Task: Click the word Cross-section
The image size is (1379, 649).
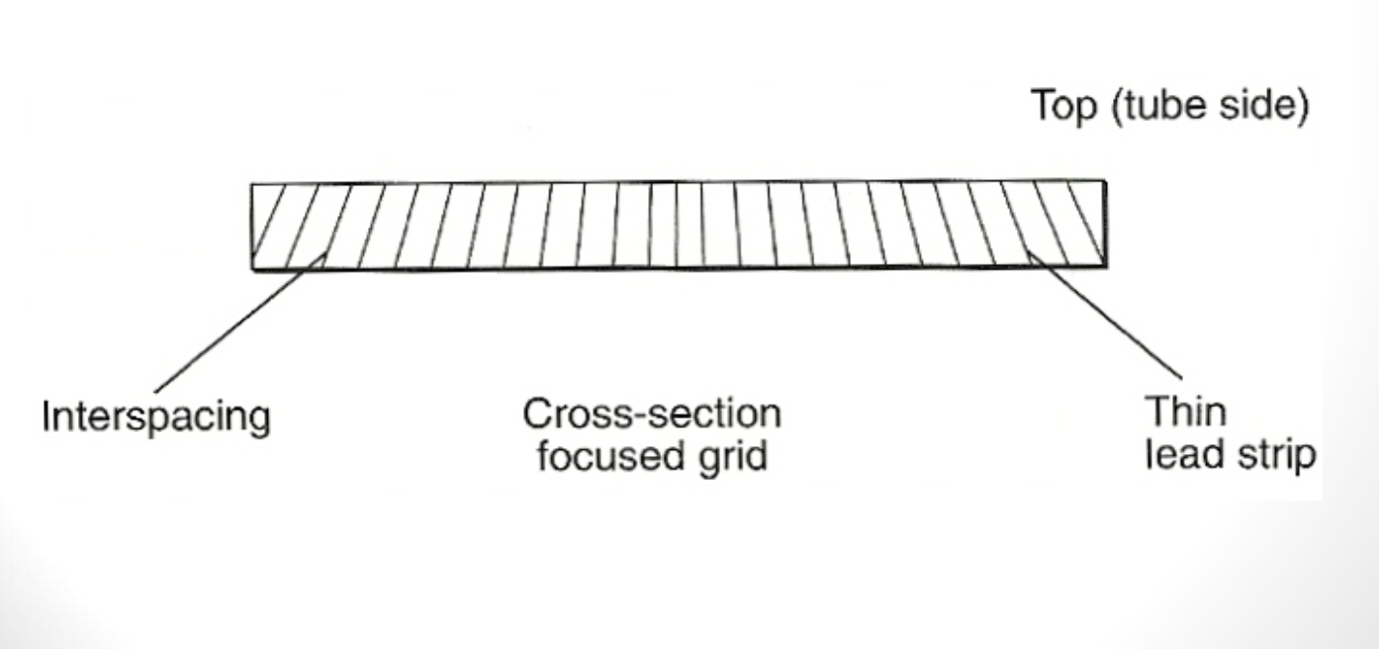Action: click(x=652, y=414)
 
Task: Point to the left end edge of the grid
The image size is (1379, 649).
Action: click(x=251, y=226)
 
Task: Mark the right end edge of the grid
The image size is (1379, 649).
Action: click(x=1105, y=226)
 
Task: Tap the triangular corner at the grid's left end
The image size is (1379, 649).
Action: click(x=259, y=213)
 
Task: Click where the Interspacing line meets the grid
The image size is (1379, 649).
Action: click(x=325, y=254)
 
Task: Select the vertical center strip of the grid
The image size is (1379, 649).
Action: click(x=677, y=226)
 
